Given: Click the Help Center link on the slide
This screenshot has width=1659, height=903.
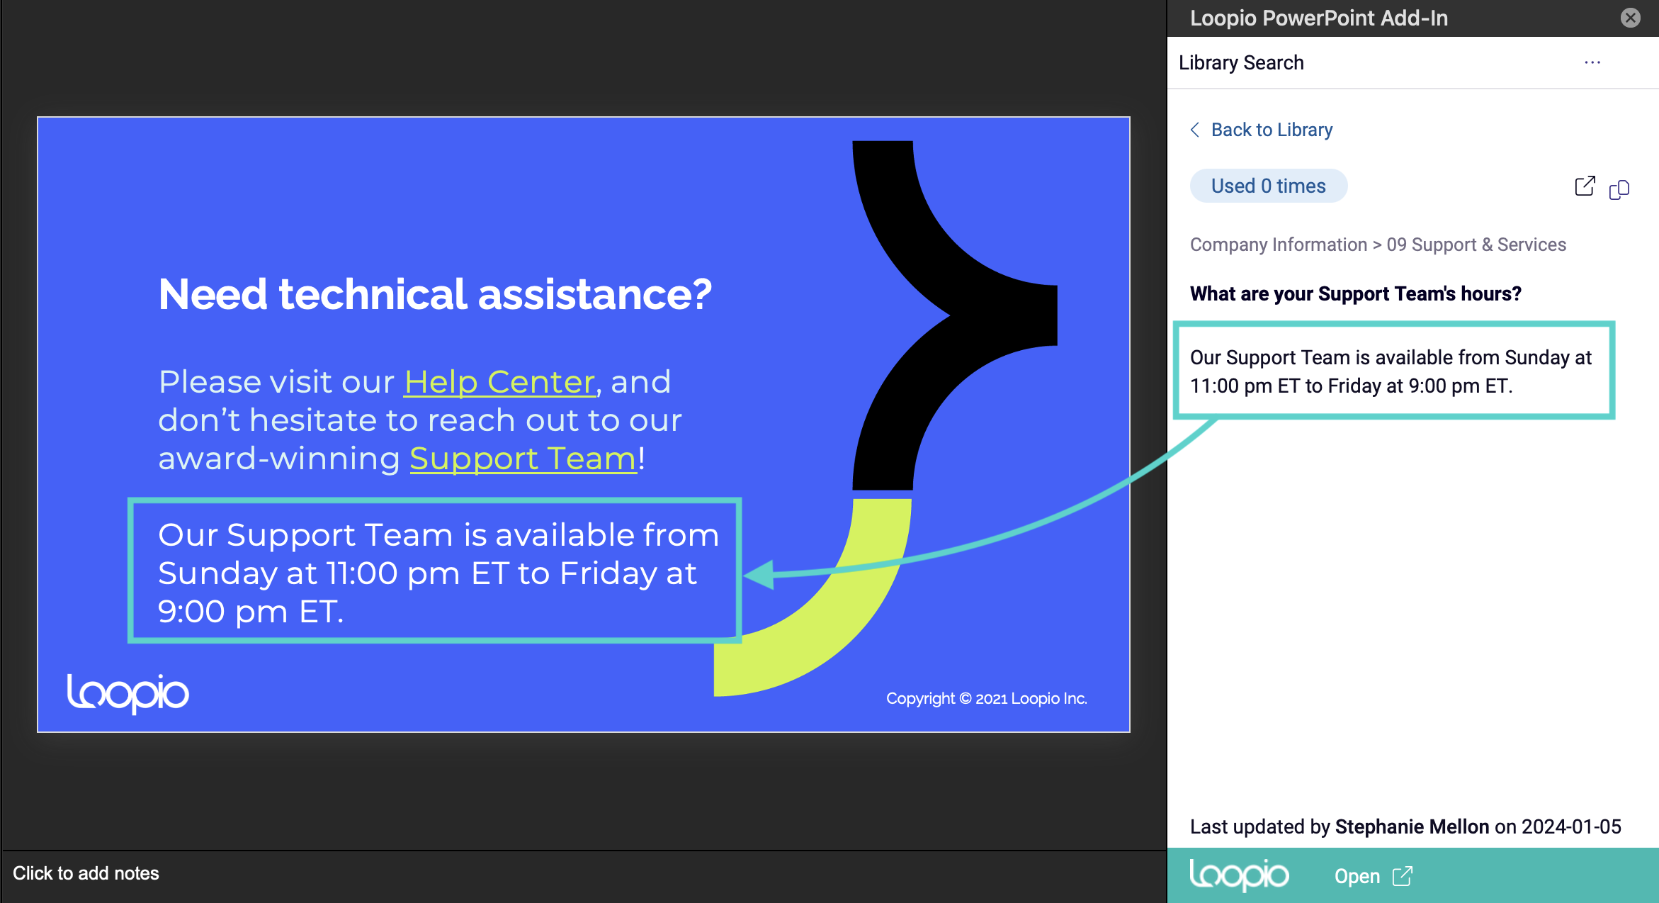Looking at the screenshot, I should tap(499, 382).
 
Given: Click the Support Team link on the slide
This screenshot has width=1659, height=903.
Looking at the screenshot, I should tap(523, 459).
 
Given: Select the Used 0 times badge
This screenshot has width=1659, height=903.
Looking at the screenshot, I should tap(1268, 186).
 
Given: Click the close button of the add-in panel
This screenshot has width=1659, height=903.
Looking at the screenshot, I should tap(1631, 18).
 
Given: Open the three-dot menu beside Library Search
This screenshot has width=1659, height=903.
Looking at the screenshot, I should tap(1592, 62).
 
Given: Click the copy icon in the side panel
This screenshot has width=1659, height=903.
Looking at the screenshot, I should tap(1619, 189).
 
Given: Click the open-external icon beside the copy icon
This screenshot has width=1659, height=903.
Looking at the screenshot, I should tap(1585, 186).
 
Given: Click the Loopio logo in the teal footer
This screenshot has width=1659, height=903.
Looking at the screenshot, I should tap(1239, 875).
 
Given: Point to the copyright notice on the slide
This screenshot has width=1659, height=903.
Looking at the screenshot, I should tap(986, 699).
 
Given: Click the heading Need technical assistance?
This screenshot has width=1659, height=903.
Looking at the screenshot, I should tap(435, 294).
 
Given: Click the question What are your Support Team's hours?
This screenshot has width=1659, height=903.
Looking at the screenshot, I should tap(1355, 293).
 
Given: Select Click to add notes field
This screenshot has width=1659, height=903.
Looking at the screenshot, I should tap(86, 873).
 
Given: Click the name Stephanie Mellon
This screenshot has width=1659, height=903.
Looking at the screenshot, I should tap(1412, 826).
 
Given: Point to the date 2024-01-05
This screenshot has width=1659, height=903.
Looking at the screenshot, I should tap(1571, 826).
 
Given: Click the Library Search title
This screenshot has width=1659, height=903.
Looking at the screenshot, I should tap(1241, 62).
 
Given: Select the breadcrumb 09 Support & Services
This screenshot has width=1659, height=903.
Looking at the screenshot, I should tap(1476, 245).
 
